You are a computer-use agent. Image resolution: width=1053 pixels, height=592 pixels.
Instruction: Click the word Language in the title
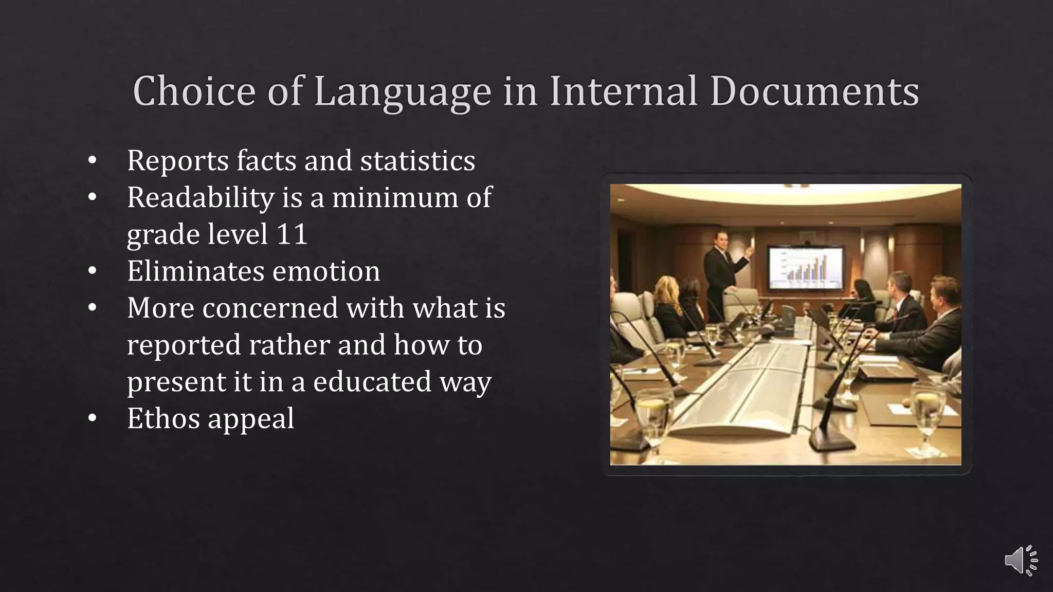(x=402, y=91)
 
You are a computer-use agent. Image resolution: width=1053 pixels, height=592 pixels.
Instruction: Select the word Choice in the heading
(x=194, y=91)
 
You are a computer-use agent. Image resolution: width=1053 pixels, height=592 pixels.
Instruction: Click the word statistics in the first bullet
(x=417, y=160)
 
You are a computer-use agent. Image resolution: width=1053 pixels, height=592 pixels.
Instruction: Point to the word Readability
(x=201, y=198)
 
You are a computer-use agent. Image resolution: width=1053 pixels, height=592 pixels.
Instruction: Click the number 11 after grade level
(x=292, y=234)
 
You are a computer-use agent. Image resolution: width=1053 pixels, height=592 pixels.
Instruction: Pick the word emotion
(x=326, y=271)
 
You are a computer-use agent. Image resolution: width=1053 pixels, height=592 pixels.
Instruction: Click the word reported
(x=184, y=345)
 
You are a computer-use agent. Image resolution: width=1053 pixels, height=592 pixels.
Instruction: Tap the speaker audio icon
(x=1020, y=560)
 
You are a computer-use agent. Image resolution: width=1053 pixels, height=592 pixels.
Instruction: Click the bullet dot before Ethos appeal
(x=92, y=419)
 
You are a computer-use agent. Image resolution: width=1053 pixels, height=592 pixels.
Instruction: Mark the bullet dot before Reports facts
(x=92, y=160)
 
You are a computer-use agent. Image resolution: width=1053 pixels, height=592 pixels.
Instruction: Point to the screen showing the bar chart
(x=806, y=268)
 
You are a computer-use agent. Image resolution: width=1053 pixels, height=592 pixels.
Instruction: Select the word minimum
(x=394, y=198)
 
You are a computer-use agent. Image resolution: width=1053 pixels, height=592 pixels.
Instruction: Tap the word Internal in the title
(x=623, y=91)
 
